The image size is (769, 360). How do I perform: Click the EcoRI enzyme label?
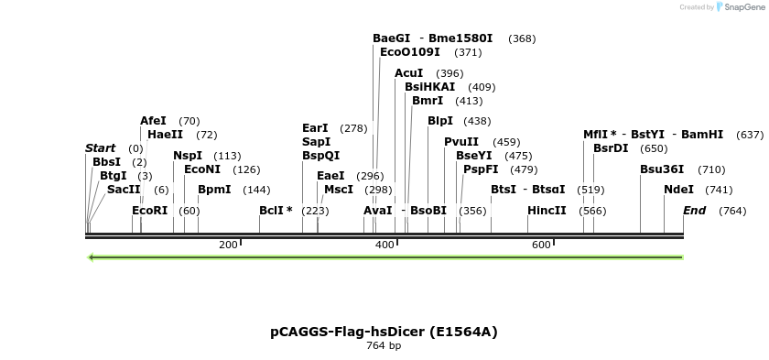point(150,211)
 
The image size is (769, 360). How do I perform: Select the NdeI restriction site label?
point(678,190)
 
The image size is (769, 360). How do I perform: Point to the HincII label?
point(547,211)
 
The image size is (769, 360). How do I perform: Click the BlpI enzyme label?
point(440,121)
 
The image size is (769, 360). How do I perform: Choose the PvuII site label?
point(461,142)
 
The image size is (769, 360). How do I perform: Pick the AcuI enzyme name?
point(409,73)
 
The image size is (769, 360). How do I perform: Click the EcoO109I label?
point(410,52)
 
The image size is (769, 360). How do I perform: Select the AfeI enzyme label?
point(153,121)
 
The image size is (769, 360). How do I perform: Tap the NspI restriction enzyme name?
point(188,156)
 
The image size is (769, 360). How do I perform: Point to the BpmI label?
point(214,190)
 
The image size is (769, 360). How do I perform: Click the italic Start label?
point(101,148)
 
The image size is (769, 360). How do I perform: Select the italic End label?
point(695,211)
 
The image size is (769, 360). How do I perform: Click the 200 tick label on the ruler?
point(228,245)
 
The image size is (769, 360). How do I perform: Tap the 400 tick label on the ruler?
point(384,245)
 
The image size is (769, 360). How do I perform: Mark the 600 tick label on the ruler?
point(541,245)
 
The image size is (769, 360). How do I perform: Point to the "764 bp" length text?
point(384,346)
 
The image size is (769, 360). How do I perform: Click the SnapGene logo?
point(739,7)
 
